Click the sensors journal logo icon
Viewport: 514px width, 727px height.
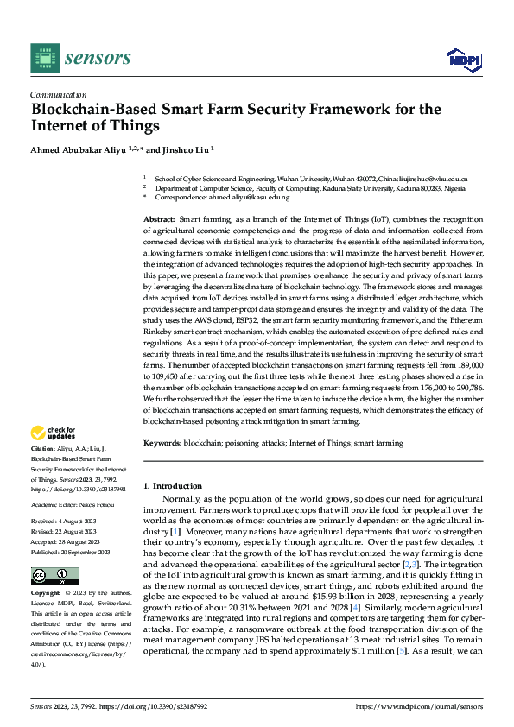pyautogui.click(x=45, y=58)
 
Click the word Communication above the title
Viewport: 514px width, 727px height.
pyautogui.click(x=58, y=95)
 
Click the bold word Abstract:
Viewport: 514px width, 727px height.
pyautogui.click(x=159, y=222)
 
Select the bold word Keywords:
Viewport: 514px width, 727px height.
pyautogui.click(x=162, y=443)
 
